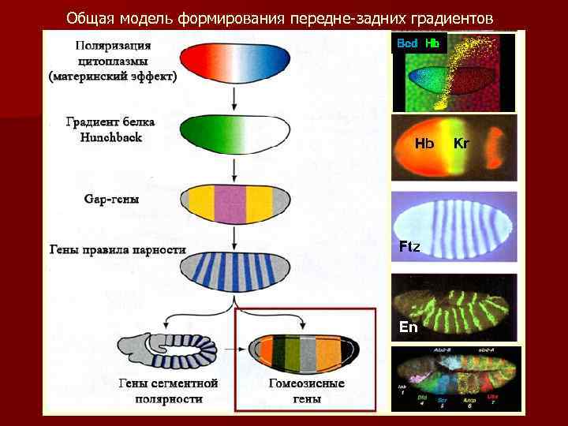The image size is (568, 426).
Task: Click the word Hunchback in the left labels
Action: [x=110, y=136]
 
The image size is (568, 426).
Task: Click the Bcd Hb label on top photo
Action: [x=418, y=43]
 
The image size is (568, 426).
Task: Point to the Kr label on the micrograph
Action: [x=461, y=143]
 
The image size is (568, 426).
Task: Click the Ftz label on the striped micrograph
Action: [x=409, y=247]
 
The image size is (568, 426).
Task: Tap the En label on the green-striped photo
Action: [x=408, y=327]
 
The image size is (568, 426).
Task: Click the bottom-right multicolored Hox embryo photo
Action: [x=456, y=379]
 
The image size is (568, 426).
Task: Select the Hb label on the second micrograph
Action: [x=424, y=143]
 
